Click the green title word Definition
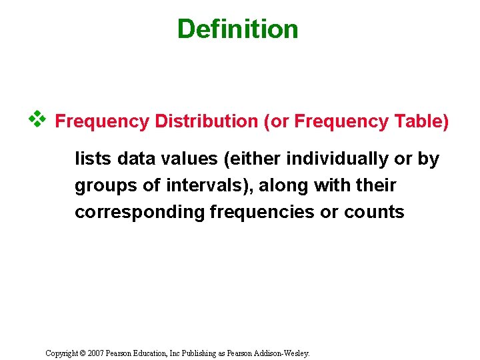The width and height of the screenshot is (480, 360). pyautogui.click(x=237, y=29)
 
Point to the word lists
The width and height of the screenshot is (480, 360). pyautogui.click(x=93, y=159)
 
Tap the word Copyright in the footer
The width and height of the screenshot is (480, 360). pyautogui.click(x=63, y=353)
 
